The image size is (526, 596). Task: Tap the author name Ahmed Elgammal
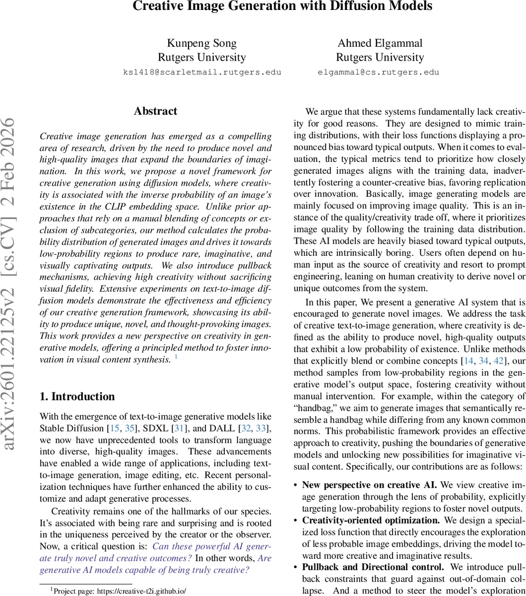(380, 43)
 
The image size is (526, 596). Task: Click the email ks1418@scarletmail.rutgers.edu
(202, 72)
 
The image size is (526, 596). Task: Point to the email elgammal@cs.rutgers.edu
(378, 72)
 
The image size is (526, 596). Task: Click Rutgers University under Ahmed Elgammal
(380, 57)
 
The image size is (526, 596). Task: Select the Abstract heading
(155, 111)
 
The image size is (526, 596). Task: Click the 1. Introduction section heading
(77, 396)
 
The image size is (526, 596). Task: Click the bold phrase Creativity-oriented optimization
(371, 521)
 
